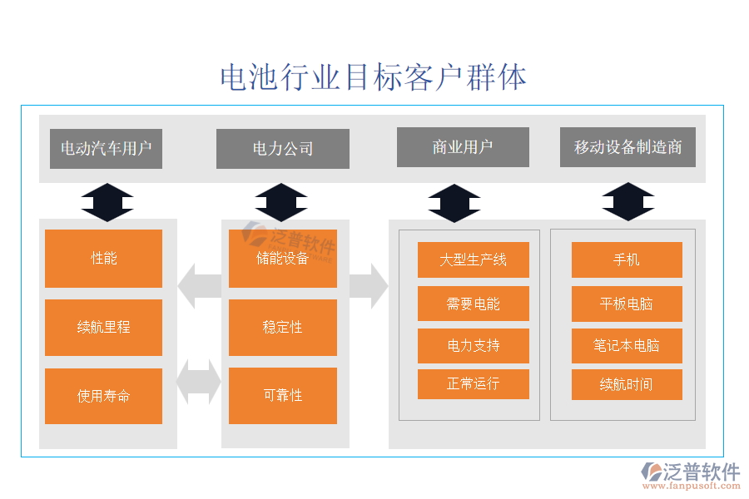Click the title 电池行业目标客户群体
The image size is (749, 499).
click(x=374, y=77)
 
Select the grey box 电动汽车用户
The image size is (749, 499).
click(x=106, y=149)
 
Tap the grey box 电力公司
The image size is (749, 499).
click(x=283, y=149)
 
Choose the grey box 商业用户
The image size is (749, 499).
click(x=463, y=147)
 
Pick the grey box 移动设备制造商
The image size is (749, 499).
click(x=627, y=147)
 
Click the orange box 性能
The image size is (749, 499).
click(x=104, y=259)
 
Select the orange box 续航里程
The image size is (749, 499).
click(x=104, y=327)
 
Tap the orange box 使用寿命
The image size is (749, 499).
click(x=104, y=396)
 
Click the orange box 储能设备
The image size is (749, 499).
click(x=283, y=259)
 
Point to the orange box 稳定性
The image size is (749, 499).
click(x=283, y=327)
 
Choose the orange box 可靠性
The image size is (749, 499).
click(x=283, y=396)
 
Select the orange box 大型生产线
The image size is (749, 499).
click(x=473, y=259)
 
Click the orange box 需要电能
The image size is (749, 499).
click(x=473, y=304)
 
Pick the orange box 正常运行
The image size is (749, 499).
click(x=473, y=384)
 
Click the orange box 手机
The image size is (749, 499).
click(x=627, y=259)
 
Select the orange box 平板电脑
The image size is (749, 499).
click(x=627, y=304)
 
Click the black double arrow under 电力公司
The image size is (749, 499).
click(x=281, y=202)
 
